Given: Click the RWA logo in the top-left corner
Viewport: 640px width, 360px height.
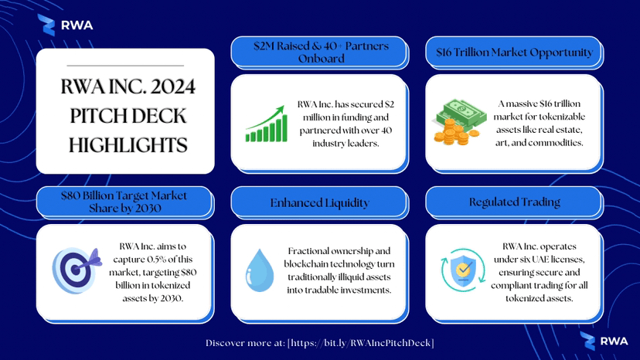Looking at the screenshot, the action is [x=65, y=25].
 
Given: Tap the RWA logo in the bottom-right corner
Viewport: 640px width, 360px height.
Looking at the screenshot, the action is [x=604, y=341].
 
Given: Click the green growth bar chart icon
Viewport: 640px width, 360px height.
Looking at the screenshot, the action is [x=266, y=124].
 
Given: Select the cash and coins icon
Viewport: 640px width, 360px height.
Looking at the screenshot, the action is [x=460, y=122].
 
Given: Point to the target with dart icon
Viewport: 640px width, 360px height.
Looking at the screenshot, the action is [x=77, y=270].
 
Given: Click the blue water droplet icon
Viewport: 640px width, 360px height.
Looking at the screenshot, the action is [x=260, y=270].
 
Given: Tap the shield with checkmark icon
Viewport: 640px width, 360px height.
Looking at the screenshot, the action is [x=463, y=270].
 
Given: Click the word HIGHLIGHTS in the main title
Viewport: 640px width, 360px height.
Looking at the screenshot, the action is [x=128, y=145].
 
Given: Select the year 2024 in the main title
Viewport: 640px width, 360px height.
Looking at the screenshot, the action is [x=172, y=87].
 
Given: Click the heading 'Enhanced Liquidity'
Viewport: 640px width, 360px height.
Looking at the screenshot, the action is [x=319, y=203].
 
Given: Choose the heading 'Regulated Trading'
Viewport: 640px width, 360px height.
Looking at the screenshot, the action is [x=514, y=202].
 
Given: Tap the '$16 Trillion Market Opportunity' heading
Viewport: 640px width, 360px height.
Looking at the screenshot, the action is [x=514, y=53].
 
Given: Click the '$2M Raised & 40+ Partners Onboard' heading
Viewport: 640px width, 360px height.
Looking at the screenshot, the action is [x=321, y=53].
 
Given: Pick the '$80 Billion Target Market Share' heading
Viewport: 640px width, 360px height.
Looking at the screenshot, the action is [x=124, y=202].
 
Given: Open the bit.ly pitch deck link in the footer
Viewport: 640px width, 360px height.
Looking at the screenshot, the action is [x=361, y=343].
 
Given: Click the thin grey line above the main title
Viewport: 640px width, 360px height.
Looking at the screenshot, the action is [x=125, y=66].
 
